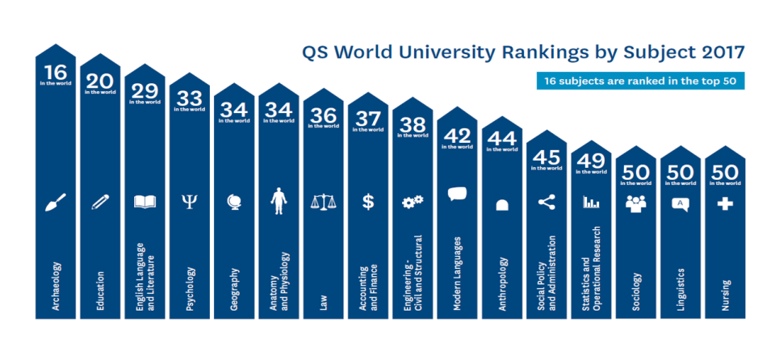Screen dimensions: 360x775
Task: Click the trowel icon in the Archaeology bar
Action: coord(56,202)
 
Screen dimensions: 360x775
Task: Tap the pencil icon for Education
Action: coord(100,202)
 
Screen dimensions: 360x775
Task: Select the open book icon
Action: coord(145,202)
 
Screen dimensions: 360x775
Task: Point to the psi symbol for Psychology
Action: coord(190,202)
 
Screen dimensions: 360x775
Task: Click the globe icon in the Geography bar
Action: coord(234,202)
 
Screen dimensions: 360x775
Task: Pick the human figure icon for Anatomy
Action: coord(279,200)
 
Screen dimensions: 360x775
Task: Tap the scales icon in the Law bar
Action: coord(323,202)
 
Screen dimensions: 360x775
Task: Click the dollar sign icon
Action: coord(368,202)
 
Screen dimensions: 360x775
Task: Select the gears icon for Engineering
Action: coord(413,202)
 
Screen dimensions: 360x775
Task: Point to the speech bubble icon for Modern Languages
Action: coord(457,195)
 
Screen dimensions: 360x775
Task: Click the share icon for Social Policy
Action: coord(547,202)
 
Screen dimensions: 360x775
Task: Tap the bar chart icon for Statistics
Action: coord(591,202)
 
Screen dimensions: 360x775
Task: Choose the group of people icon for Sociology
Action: coord(636,203)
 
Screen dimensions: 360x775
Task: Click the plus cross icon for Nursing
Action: coord(725,204)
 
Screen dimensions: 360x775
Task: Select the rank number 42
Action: coord(457,136)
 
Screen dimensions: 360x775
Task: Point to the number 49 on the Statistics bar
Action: coord(591,160)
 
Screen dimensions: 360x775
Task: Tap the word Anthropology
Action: coord(502,283)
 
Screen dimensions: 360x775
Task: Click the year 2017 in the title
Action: coord(718,53)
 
